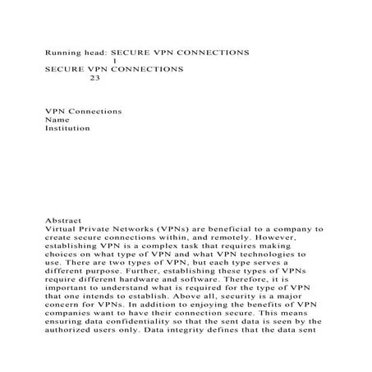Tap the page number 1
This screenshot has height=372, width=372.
tap(113, 61)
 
